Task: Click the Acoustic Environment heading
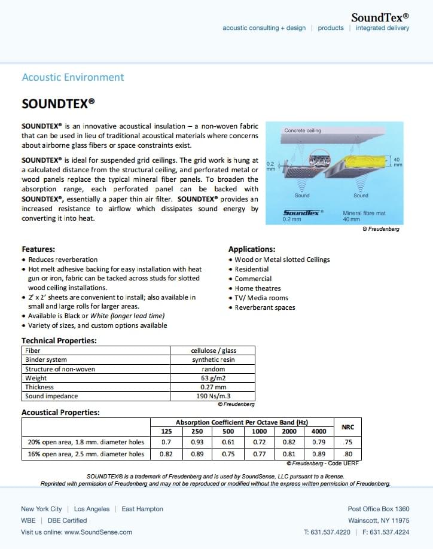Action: [x=72, y=77]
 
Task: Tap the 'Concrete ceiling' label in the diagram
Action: [x=302, y=130]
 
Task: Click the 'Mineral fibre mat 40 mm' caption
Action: [x=361, y=216]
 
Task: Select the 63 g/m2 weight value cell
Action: [x=213, y=378]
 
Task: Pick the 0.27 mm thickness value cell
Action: [x=213, y=387]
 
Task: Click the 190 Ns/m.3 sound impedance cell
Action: [x=213, y=396]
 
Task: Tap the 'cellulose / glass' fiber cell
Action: [x=213, y=350]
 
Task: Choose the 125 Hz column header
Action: [x=166, y=432]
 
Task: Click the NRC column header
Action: [x=347, y=427]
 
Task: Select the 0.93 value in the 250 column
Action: [x=197, y=443]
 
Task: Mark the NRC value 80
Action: [x=348, y=454]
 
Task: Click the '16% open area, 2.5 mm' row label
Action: [x=86, y=454]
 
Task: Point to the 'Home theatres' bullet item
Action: [x=258, y=288]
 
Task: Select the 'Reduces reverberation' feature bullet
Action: [x=63, y=260]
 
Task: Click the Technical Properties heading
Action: [x=59, y=341]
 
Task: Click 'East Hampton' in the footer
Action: [x=142, y=509]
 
